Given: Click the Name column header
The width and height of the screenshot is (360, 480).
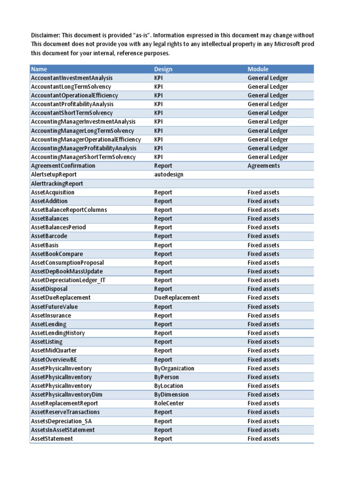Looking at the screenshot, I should pyautogui.click(x=39, y=69).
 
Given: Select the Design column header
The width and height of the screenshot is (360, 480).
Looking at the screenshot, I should pyautogui.click(x=163, y=69).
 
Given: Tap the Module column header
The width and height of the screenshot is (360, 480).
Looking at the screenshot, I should pyautogui.click(x=258, y=69).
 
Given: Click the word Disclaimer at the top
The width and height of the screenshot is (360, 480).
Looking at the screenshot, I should pyautogui.click(x=46, y=36).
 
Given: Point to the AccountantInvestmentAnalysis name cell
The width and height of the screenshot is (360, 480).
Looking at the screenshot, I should pyautogui.click(x=72, y=78).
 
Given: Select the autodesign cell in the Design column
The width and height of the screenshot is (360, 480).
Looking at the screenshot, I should pyautogui.click(x=169, y=174).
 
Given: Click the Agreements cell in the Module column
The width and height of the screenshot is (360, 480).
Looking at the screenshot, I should pyautogui.click(x=263, y=166).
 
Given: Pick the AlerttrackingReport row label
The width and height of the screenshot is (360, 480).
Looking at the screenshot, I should pyautogui.click(x=57, y=184).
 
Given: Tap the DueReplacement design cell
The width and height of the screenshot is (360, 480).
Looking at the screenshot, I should pyautogui.click(x=177, y=298).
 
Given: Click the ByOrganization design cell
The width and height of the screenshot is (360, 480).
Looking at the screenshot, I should pyautogui.click(x=174, y=368).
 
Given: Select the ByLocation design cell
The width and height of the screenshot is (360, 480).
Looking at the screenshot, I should pyautogui.click(x=169, y=386).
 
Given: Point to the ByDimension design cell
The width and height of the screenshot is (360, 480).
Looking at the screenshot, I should pyautogui.click(x=171, y=395).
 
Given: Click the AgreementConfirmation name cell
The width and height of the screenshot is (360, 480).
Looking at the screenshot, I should pyautogui.click(x=63, y=166).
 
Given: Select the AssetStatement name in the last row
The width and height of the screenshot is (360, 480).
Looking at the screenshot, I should pyautogui.click(x=52, y=439).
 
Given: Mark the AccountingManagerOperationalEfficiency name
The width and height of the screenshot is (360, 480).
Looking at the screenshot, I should pyautogui.click(x=86, y=140).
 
